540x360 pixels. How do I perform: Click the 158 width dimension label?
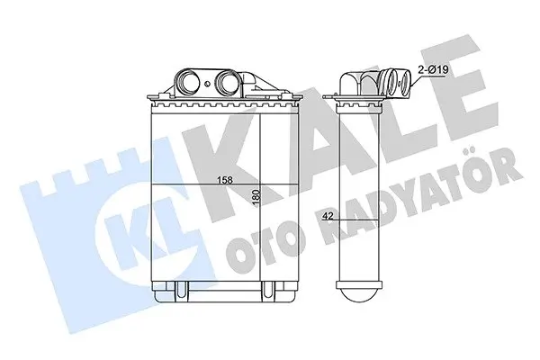(x=225, y=179)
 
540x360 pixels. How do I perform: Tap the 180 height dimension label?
(x=256, y=198)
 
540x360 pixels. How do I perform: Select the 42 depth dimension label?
(x=328, y=216)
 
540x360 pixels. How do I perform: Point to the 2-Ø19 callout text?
(x=433, y=70)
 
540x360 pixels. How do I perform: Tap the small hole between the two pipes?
(x=207, y=84)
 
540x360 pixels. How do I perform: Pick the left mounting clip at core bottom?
(x=182, y=289)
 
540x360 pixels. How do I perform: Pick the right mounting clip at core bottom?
(x=268, y=289)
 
